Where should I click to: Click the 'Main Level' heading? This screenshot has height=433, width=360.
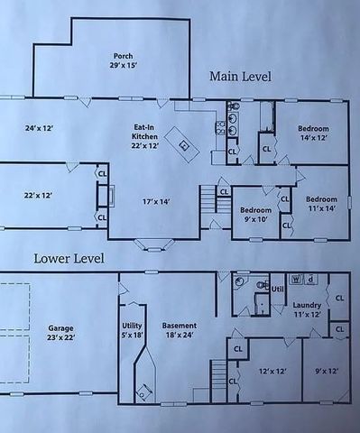click(x=240, y=77)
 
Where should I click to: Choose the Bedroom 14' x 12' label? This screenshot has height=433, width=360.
click(x=315, y=134)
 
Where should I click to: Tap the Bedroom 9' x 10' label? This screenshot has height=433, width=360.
click(x=255, y=215)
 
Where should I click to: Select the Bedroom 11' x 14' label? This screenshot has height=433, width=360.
click(x=320, y=204)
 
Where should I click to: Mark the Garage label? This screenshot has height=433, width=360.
click(x=61, y=332)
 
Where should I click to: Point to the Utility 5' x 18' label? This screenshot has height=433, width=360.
click(x=133, y=330)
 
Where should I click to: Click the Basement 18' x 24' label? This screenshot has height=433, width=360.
click(x=178, y=330)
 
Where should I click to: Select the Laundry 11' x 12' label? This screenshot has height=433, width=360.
click(x=306, y=311)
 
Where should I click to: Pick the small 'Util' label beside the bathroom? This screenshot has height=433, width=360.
click(x=278, y=289)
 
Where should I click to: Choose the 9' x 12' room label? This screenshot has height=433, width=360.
click(x=327, y=371)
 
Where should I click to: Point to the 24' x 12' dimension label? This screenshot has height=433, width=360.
click(x=39, y=129)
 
